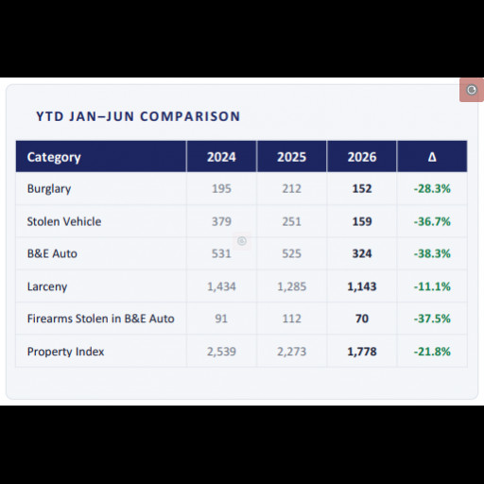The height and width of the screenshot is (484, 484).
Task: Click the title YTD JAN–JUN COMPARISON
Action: pos(138,116)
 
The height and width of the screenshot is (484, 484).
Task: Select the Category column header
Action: pos(54,157)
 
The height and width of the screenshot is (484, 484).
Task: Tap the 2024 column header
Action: pos(221,157)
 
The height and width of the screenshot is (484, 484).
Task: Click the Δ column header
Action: pos(432,157)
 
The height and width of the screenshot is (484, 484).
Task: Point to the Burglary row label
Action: pos(49,189)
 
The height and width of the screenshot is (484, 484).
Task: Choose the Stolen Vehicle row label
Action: pos(64,221)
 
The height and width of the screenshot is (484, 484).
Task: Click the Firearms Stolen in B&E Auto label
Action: pos(101,319)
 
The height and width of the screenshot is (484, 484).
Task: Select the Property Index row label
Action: pos(65,352)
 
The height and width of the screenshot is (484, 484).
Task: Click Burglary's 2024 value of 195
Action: pos(221,189)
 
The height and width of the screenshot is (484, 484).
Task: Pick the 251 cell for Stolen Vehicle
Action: pos(291,221)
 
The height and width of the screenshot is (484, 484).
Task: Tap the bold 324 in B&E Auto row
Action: pos(362,253)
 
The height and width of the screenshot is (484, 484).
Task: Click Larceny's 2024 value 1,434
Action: pos(221,286)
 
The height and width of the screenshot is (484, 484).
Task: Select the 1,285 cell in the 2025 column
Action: pos(291,286)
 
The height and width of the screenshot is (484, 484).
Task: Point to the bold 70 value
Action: pos(362,319)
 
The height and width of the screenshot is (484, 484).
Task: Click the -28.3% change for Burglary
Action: pos(432,189)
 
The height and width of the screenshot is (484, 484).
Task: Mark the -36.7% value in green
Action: pos(432,221)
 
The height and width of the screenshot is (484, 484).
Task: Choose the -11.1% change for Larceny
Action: pos(432,286)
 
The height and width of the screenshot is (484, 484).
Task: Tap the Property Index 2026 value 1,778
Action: pos(362,352)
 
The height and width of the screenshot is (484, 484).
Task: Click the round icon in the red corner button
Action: pos(472,90)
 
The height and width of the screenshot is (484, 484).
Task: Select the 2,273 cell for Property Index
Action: pos(291,352)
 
